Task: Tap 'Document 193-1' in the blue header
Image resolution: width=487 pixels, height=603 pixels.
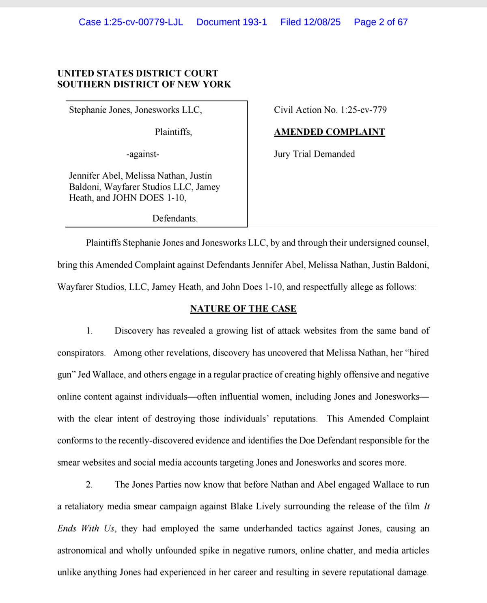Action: pos(232,22)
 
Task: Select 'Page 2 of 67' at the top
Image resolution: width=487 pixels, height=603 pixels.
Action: pos(381,22)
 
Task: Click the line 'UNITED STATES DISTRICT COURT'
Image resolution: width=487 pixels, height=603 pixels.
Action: pos(138,73)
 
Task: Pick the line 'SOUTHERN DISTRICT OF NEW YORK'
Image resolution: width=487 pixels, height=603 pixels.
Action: pos(144,84)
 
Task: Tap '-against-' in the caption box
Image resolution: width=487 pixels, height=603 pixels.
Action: pos(142,154)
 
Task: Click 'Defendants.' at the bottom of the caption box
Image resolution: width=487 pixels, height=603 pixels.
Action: pos(175,218)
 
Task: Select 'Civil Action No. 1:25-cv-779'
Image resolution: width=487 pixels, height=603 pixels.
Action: pos(330,110)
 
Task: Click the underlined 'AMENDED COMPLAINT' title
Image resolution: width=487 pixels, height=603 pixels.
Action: pos(329,132)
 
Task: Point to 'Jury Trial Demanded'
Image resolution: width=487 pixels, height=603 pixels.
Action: pos(314,154)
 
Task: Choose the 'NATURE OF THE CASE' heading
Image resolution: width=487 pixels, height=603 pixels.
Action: pos(243,309)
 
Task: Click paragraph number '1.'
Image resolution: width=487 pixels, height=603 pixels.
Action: pos(89,331)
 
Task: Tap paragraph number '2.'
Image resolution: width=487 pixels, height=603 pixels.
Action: pos(89,485)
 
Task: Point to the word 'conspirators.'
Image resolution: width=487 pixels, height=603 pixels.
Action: pos(81,353)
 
